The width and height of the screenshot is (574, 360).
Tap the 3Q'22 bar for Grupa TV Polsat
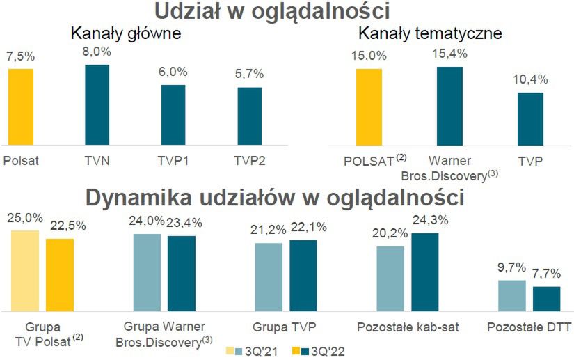pos(60,274)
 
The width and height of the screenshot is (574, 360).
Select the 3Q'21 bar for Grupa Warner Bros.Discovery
pos(147,272)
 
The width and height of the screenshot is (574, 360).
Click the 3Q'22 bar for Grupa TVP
pos(303,275)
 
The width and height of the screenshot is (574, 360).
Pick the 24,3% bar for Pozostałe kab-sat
pos(425,272)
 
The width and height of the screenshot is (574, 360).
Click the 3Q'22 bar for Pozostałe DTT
pos(547,298)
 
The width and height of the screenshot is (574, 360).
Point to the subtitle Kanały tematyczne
pos(429,33)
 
